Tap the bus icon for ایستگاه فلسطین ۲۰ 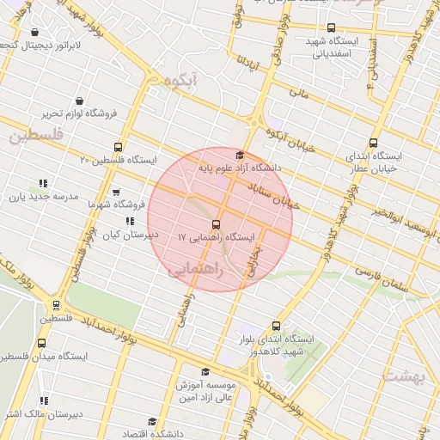point(118,146)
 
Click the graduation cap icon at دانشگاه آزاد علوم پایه point(240,155)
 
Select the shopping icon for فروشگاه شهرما point(116,192)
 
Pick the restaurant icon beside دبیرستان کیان point(130,222)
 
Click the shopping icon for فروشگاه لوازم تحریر point(80,100)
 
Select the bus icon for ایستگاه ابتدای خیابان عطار point(372,144)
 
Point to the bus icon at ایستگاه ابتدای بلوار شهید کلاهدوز point(276,326)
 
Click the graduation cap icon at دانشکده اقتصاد point(152,422)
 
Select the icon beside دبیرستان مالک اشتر point(43,400)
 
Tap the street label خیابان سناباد point(273,193)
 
